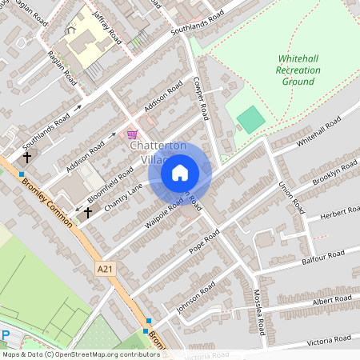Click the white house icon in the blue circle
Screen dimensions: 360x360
click(x=180, y=172)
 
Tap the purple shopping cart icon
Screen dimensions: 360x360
click(x=131, y=134)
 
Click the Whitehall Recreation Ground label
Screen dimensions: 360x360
click(x=299, y=70)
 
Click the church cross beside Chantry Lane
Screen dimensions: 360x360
click(x=87, y=213)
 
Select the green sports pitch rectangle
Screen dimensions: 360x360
click(x=250, y=120)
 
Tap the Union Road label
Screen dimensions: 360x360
click(x=291, y=195)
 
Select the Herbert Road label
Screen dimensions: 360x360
click(x=339, y=213)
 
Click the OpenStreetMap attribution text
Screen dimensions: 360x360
click(x=81, y=354)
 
